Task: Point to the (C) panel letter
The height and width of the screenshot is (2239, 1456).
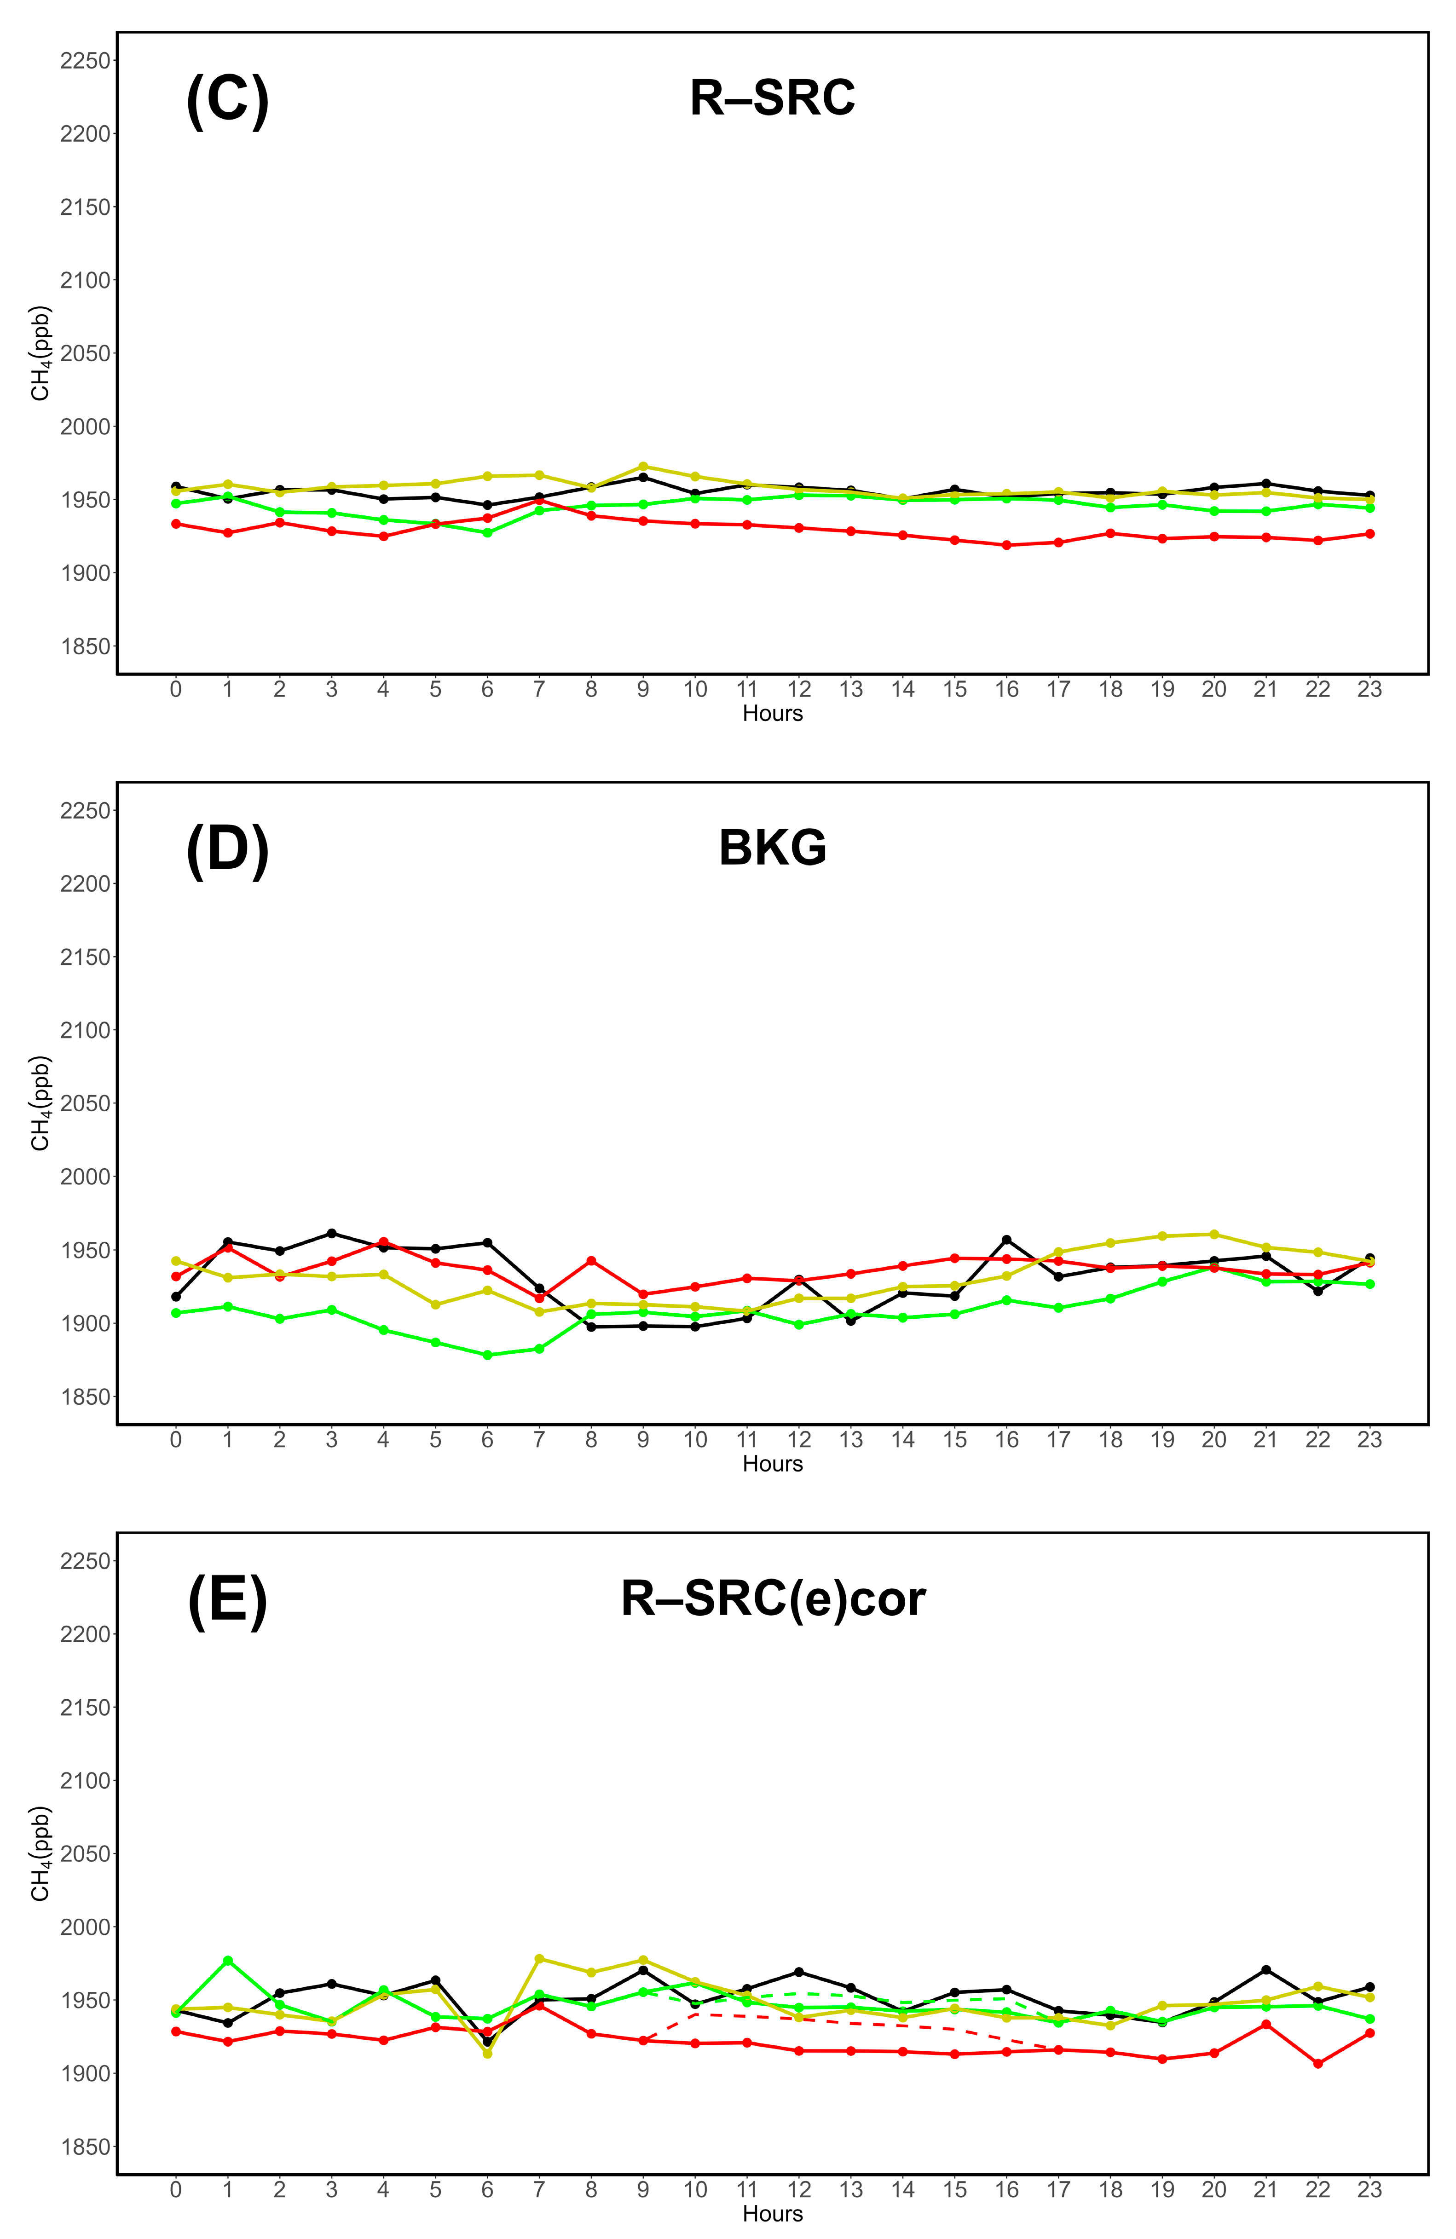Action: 228,100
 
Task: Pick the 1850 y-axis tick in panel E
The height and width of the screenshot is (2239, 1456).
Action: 85,2147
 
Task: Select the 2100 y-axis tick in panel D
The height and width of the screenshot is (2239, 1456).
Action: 85,1030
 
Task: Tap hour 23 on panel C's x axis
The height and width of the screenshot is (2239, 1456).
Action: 1369,690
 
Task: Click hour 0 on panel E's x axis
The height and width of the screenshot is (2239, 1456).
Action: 176,2190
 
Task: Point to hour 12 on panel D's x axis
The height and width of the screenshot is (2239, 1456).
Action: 798,1440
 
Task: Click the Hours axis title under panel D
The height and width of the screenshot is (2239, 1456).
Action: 772,1464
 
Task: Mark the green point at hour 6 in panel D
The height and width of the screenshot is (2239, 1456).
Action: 487,1356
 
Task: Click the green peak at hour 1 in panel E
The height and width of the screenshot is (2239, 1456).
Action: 228,1961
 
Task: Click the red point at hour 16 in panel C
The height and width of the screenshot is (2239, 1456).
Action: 1006,545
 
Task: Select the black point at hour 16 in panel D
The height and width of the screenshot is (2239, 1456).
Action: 1006,1240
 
